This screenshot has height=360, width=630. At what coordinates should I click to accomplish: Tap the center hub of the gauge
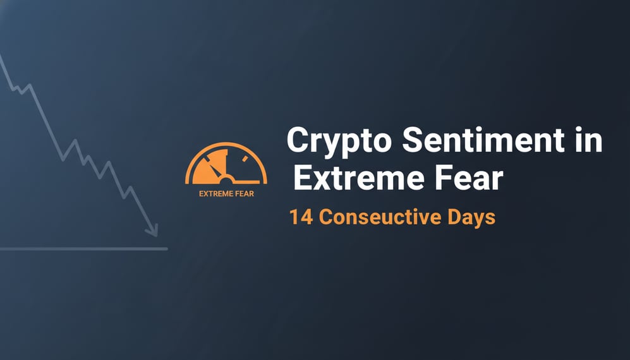226,177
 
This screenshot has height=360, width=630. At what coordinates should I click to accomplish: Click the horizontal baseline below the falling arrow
82,249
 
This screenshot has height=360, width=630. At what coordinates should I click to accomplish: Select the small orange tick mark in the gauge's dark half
245,158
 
